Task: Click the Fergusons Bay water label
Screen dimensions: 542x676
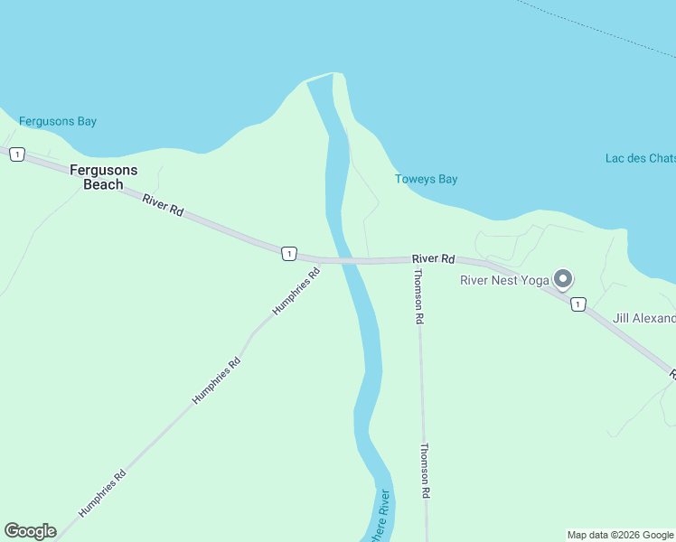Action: pyautogui.click(x=58, y=121)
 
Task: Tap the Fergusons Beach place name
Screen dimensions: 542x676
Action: pyautogui.click(x=104, y=177)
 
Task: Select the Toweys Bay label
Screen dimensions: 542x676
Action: pyautogui.click(x=426, y=179)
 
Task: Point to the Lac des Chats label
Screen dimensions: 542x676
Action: pyautogui.click(x=640, y=158)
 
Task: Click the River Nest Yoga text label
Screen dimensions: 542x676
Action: pyautogui.click(x=504, y=280)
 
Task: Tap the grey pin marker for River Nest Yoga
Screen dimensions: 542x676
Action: pyautogui.click(x=563, y=279)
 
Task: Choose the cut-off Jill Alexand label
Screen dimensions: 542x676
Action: pyautogui.click(x=643, y=318)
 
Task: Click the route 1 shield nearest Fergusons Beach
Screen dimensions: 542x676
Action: pyautogui.click(x=16, y=154)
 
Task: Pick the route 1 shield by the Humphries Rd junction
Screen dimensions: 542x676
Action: pyautogui.click(x=288, y=254)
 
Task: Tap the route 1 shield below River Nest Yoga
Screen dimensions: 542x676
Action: pyautogui.click(x=578, y=304)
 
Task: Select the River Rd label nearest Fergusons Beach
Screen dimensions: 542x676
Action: pyautogui.click(x=163, y=204)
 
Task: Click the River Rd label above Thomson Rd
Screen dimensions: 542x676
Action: pyautogui.click(x=434, y=258)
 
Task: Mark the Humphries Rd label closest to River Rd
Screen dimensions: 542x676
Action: pyautogui.click(x=296, y=290)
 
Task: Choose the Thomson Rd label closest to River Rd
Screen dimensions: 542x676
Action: pyautogui.click(x=418, y=297)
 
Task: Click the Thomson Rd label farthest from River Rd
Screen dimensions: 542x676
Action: pyautogui.click(x=424, y=471)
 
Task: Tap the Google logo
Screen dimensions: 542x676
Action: pyautogui.click(x=30, y=531)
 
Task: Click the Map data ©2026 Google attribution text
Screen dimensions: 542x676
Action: pyautogui.click(x=620, y=535)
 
